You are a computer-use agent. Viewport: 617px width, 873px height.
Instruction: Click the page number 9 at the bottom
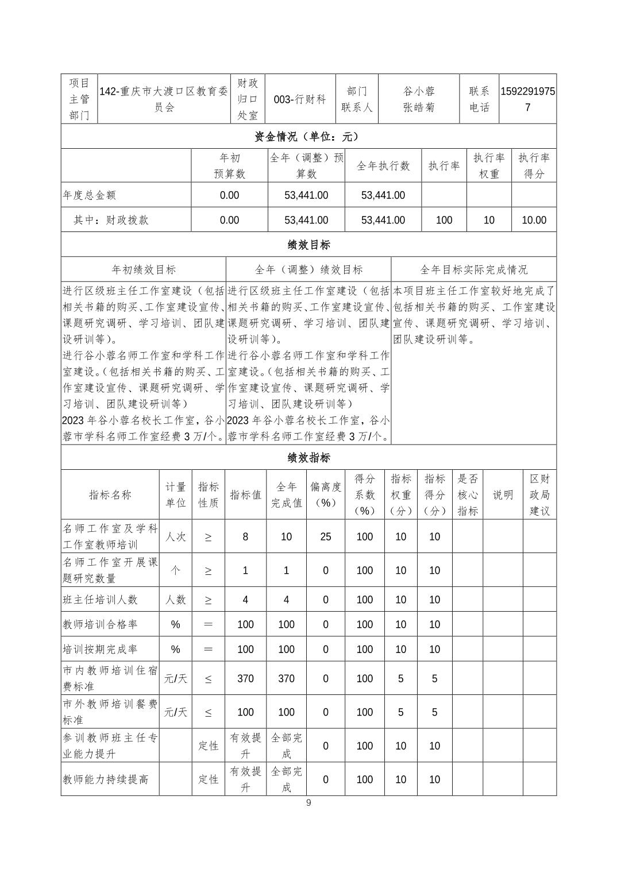pos(308,802)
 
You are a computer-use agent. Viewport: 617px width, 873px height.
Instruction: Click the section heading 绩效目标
pos(308,245)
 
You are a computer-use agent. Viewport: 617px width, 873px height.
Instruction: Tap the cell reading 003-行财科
pos(300,99)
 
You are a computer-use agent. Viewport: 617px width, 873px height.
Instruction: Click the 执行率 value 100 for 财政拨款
pos(444,220)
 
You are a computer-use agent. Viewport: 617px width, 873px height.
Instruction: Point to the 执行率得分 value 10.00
pos(534,220)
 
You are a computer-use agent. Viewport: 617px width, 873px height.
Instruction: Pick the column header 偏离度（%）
pos(326,495)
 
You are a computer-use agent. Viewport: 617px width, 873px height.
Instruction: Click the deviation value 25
pos(326,536)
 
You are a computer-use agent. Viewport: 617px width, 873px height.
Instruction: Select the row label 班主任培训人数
pos(101,600)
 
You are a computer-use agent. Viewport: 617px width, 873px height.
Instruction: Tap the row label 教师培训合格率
pos(101,624)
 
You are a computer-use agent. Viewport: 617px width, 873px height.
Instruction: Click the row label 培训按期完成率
pos(101,650)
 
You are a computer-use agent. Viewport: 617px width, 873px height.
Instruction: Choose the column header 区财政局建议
pos(539,495)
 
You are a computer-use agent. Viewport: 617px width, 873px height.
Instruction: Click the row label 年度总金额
pos(90,195)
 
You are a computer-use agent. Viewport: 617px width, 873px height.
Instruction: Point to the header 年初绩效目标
pos(144,269)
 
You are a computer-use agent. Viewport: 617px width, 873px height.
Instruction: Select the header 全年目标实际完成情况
pos(473,269)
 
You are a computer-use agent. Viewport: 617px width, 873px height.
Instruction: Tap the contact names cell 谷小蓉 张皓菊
pos(419,99)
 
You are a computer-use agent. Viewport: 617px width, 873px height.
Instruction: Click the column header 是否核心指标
pos(467,495)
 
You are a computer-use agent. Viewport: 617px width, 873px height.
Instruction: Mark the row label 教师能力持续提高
pos(106,779)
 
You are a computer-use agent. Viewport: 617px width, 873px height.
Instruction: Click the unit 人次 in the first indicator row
pos(175,536)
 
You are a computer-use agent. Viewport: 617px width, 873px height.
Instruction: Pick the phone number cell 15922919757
pos(528,99)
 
